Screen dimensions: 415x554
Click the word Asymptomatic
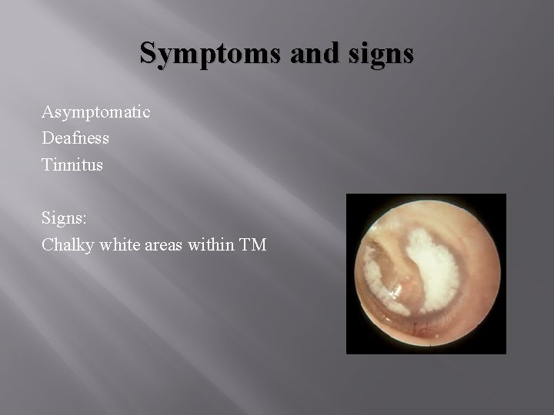[x=96, y=112]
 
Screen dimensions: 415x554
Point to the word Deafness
[x=75, y=138]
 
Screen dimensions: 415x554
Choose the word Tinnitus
[x=72, y=164]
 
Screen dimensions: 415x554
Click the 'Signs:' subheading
[x=64, y=218]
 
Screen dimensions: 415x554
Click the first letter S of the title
[x=148, y=53]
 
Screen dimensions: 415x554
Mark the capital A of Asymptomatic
[x=47, y=112]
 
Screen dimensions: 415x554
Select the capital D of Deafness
[x=47, y=138]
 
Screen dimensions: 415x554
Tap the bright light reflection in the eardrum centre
[x=394, y=291]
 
